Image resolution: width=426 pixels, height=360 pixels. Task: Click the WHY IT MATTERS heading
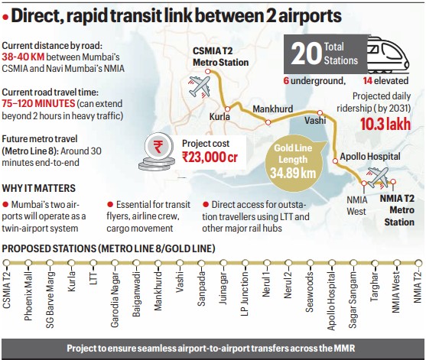[39, 188]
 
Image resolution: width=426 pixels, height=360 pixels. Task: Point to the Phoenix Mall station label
[28, 284]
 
